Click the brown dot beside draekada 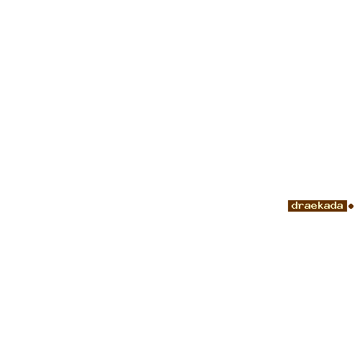tap(351, 206)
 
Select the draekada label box tap(318, 206)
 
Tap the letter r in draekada tap(301, 207)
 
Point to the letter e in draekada tap(315, 207)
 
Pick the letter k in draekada tap(321, 205)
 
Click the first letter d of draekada tap(294, 205)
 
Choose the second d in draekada tap(334, 205)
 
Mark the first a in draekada tap(307, 207)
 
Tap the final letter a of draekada tap(341, 207)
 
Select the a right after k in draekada tap(328, 207)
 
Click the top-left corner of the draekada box tap(288, 200)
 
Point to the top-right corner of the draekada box tap(347, 200)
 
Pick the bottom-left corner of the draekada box tap(288, 212)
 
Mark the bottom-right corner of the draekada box tap(347, 212)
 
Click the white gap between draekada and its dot tap(348, 206)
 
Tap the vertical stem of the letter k tap(319, 205)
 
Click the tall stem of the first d tap(297, 205)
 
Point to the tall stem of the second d tap(336, 205)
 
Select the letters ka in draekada tap(324, 205)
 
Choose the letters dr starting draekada tap(298, 205)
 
